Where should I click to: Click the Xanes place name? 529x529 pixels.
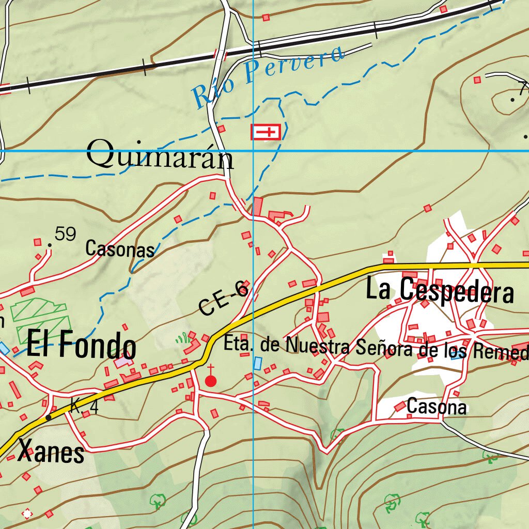point(51,453)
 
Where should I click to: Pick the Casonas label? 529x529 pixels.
point(120,249)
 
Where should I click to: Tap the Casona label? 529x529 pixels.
point(437,407)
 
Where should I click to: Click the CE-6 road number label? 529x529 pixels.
point(224,300)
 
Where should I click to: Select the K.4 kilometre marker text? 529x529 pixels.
point(84,407)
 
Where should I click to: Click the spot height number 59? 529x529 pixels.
point(66,235)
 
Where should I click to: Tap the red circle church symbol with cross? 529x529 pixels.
point(211,381)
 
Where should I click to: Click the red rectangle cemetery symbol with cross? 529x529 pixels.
point(266,132)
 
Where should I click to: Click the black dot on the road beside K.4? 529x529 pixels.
point(48,417)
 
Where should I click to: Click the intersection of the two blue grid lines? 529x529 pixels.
point(253,151)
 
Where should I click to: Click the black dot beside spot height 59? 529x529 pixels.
point(50,244)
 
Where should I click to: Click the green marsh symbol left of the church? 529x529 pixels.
point(181,339)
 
